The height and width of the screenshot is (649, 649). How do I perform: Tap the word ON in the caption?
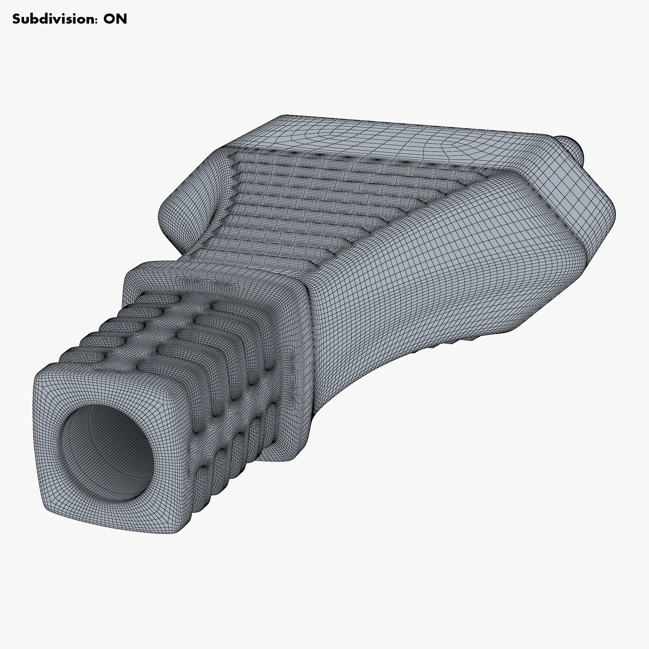(x=115, y=19)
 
